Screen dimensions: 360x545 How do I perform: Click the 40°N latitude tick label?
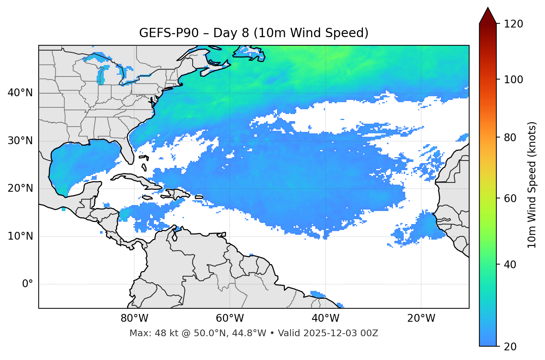tap(20, 93)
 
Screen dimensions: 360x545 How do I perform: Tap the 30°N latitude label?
tap(20, 141)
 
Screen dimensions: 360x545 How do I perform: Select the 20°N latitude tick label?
tap(20, 188)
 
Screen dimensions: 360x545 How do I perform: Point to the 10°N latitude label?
tap(20, 236)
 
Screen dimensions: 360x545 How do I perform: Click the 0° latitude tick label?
tap(28, 284)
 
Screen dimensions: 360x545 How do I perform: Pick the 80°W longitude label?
tap(134, 318)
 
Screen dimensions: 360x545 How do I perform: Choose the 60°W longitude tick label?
tap(230, 318)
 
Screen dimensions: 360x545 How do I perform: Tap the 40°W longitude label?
tap(325, 318)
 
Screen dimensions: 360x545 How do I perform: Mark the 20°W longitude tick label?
tap(421, 318)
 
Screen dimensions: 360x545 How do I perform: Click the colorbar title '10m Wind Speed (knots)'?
tap(532, 185)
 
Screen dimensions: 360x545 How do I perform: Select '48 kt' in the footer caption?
tap(161, 333)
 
